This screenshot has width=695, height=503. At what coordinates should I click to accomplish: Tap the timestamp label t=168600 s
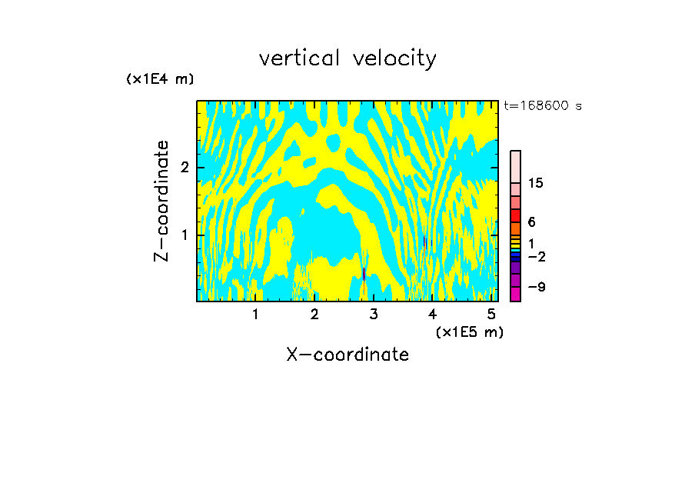coord(542,105)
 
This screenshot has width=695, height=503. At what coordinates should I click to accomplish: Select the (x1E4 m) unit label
coord(160,79)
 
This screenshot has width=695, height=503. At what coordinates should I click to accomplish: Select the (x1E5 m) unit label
coord(469,331)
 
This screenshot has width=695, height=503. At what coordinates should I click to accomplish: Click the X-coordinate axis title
coord(347,355)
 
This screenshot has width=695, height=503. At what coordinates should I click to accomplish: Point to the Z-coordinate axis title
coord(161,201)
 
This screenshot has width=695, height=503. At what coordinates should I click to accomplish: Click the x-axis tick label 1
coord(255,314)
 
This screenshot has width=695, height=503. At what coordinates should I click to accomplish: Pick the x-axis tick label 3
coord(374,314)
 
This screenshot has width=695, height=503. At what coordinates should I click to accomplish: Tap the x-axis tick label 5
coord(491,314)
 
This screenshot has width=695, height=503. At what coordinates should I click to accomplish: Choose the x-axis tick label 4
coord(433,314)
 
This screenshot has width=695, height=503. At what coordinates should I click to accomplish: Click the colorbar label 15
coord(536,183)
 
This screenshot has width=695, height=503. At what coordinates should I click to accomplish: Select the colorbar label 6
coord(531,222)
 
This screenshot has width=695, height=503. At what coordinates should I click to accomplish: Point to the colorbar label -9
coord(537,287)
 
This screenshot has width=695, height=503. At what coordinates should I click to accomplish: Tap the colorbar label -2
coord(537,256)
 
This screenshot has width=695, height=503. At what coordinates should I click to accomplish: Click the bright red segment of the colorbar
coord(515,215)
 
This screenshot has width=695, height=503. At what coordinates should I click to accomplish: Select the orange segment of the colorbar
coord(515,228)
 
